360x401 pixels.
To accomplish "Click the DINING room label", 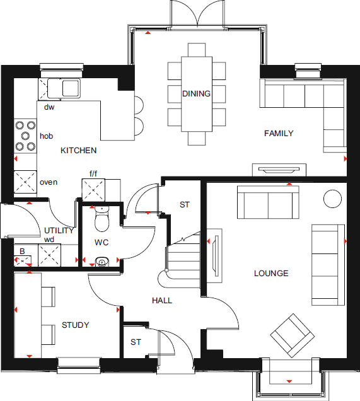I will click(196, 94).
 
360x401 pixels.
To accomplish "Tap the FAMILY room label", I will click(279, 133).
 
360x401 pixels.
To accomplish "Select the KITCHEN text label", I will click(78, 150).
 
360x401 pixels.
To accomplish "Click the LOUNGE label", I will click(271, 273).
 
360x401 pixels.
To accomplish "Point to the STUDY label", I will click(75, 325).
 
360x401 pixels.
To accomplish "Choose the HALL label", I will click(162, 301).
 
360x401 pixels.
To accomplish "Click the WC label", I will click(102, 242).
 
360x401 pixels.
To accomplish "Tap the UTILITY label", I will click(59, 230).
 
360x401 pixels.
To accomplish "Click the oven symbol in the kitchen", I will click(26, 182).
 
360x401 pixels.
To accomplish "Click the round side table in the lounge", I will click(332, 199).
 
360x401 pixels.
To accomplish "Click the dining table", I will click(196, 95).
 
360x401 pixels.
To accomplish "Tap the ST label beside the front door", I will click(136, 342).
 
